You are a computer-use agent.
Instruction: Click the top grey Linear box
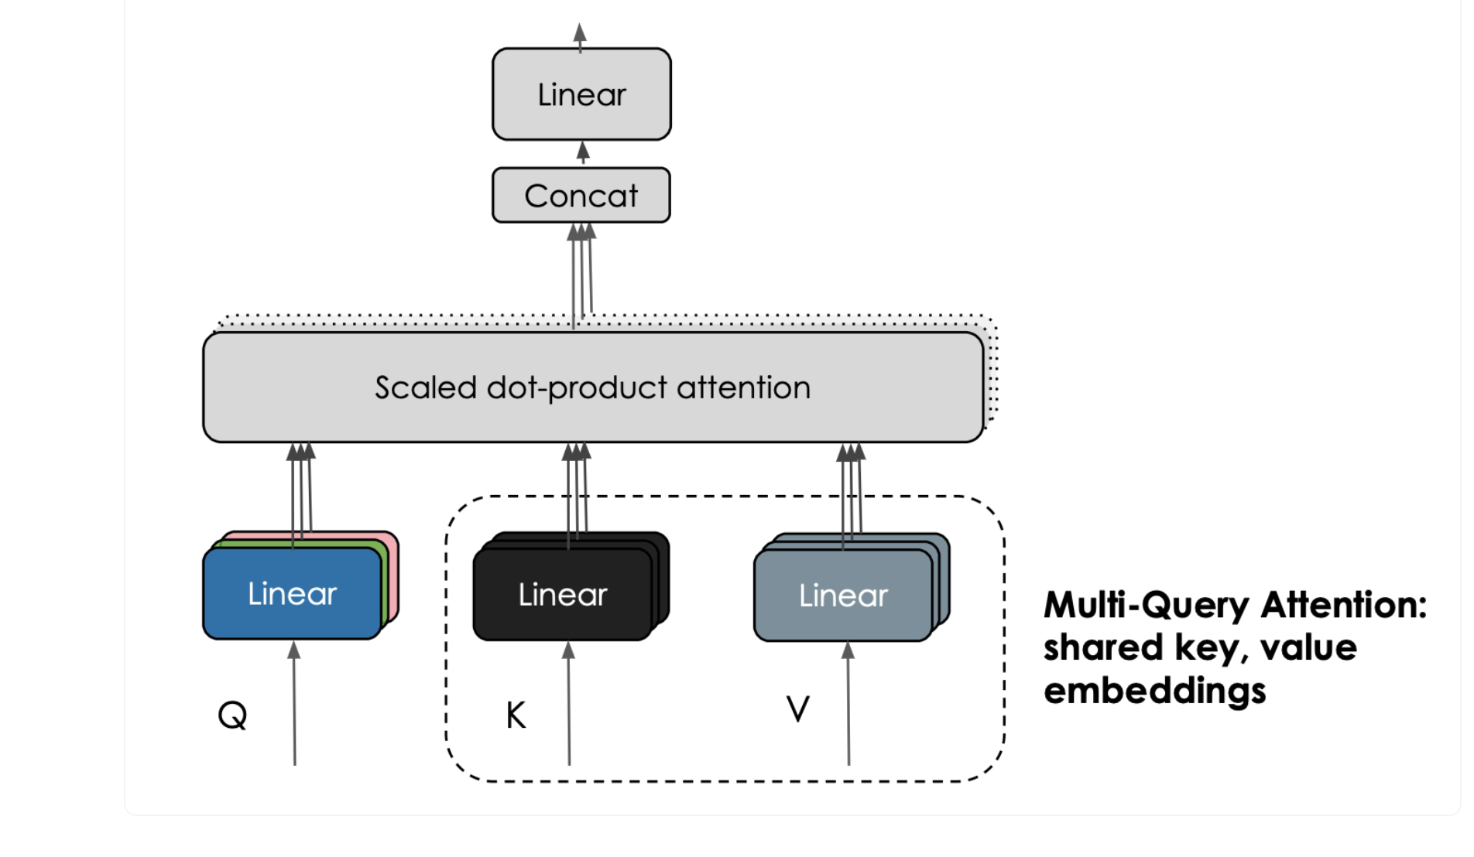click(581, 94)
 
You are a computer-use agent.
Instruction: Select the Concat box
click(581, 196)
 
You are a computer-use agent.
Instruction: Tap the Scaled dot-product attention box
click(593, 387)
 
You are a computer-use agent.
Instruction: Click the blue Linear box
click(292, 594)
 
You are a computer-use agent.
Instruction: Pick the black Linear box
click(563, 595)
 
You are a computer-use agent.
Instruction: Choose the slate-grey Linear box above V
click(843, 596)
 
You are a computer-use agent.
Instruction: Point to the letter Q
click(232, 715)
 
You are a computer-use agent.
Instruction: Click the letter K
click(516, 715)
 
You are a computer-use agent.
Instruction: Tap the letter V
click(797, 708)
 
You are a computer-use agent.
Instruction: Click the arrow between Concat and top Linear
click(583, 153)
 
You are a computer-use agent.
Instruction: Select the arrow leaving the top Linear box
click(580, 36)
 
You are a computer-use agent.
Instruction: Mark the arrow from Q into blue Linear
click(294, 704)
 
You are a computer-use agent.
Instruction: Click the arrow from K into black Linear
click(569, 704)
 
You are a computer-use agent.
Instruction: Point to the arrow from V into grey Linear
click(848, 704)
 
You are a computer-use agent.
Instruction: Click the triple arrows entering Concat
click(581, 271)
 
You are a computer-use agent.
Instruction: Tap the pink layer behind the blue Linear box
click(393, 572)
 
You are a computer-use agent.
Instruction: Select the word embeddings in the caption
click(1154, 690)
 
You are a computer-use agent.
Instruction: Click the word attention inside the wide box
click(743, 388)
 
